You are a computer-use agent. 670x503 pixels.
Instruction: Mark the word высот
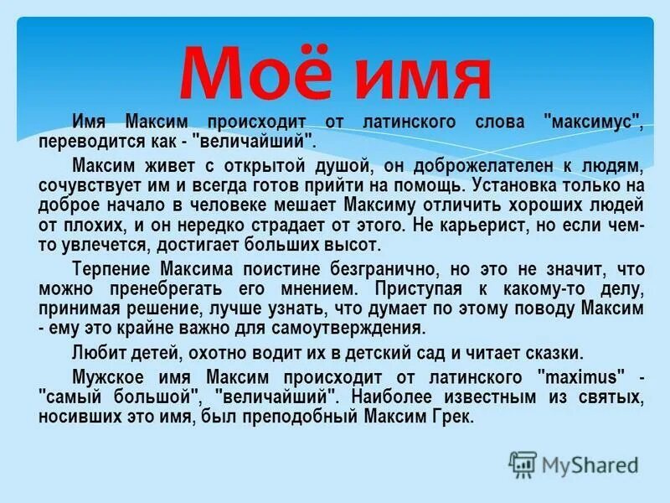click(x=357, y=245)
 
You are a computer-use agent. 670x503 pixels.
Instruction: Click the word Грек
click(x=452, y=415)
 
